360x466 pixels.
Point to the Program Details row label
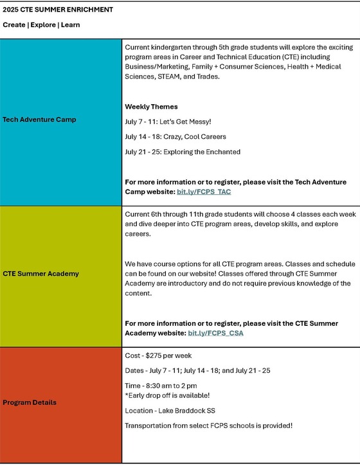30,402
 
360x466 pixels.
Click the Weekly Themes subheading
151,106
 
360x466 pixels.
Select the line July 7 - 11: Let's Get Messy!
174,121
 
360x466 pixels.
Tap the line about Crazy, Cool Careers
175,136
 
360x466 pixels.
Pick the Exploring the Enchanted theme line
183,152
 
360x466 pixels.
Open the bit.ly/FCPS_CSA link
216,333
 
